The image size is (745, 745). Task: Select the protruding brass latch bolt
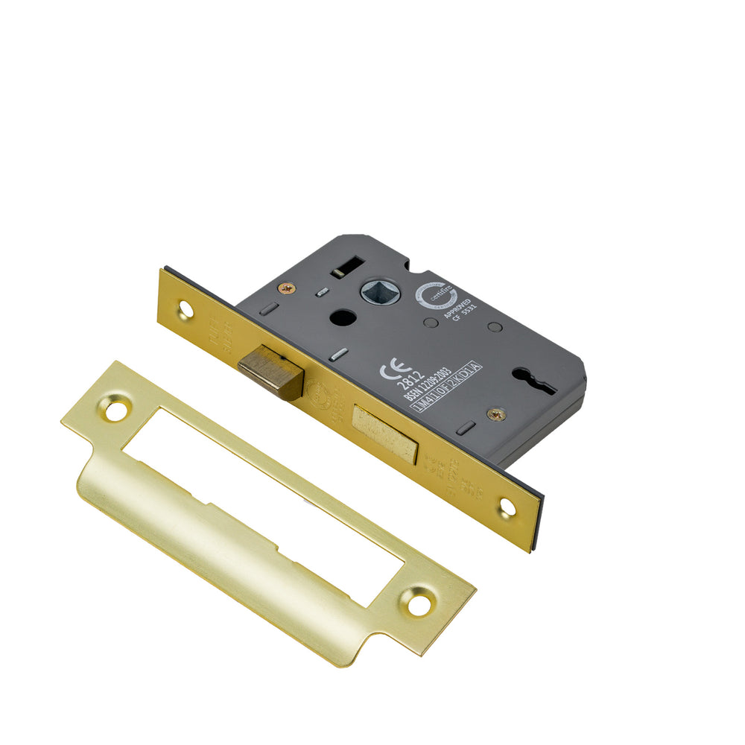click(270, 373)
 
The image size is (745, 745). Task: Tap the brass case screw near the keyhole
click(495, 414)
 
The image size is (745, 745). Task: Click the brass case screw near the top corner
click(286, 288)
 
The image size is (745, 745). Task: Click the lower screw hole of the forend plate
click(507, 508)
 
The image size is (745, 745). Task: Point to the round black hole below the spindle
click(343, 317)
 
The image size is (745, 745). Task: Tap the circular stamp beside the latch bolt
click(317, 392)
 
